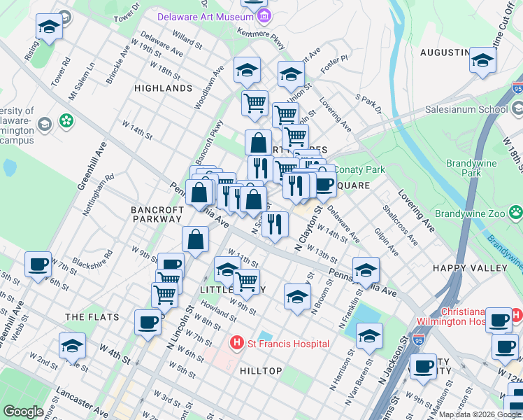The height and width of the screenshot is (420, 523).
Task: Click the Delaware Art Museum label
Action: pyautogui.click(x=205, y=16)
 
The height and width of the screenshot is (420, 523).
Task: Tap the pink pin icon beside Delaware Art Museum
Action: pyautogui.click(x=262, y=16)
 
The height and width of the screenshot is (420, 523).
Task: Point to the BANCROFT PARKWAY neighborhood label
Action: pyautogui.click(x=157, y=214)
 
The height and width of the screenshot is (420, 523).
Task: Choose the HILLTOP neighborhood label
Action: pyautogui.click(x=261, y=370)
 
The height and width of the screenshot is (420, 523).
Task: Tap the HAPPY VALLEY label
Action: pyautogui.click(x=480, y=268)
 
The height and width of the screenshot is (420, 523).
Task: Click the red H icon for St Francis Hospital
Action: pyautogui.click(x=236, y=343)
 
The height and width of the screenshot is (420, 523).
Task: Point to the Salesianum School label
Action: pyautogui.click(x=467, y=109)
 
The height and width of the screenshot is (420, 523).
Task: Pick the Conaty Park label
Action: pyautogui.click(x=359, y=169)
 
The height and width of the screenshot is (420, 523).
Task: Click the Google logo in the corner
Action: pyautogui.click(x=23, y=412)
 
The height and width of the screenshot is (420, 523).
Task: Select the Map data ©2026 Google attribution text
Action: pyautogui.click(x=480, y=414)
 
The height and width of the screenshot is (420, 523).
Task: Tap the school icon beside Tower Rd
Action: pyautogui.click(x=48, y=28)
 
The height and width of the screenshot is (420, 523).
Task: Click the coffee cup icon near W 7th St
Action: pyautogui.click(x=38, y=265)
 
